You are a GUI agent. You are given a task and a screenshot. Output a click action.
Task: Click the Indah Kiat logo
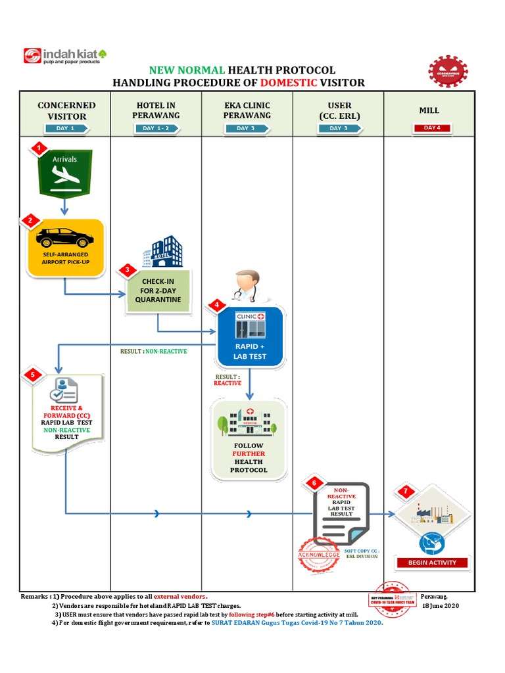[65, 56]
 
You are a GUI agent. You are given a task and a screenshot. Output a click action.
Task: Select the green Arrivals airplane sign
[64, 173]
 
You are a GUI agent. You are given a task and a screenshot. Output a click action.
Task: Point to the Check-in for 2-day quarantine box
[158, 290]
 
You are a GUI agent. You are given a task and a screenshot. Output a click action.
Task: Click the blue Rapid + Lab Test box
[250, 336]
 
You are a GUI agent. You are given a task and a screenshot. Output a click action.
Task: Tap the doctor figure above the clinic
[247, 285]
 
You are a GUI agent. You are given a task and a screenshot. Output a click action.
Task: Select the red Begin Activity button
[432, 563]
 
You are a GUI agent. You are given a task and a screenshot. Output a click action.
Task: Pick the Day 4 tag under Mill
[431, 128]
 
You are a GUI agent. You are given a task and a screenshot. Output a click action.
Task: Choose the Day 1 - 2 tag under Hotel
[156, 128]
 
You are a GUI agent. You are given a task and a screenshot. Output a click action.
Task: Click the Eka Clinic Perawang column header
[247, 110]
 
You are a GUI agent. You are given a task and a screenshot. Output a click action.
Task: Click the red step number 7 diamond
[406, 492]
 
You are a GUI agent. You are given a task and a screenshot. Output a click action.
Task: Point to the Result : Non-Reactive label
[153, 352]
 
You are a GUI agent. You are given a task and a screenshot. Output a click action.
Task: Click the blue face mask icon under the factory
[431, 542]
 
